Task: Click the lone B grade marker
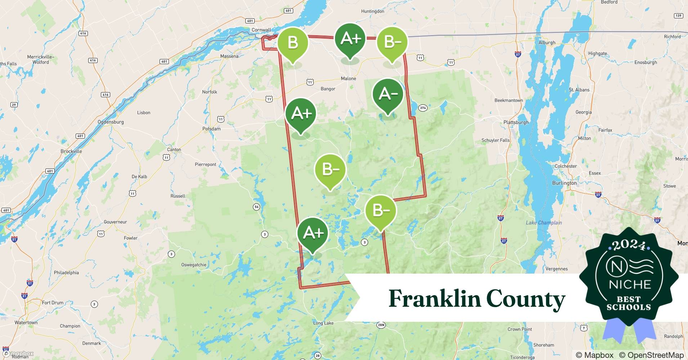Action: click(x=292, y=43)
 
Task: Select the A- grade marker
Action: click(x=388, y=94)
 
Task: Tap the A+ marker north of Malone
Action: click(x=350, y=39)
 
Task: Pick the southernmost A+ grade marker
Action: click(x=313, y=233)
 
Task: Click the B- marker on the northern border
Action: click(x=392, y=42)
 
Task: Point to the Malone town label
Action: click(x=348, y=78)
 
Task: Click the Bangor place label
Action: click(x=328, y=89)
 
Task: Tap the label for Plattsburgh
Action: click(x=516, y=122)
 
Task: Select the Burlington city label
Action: click(x=564, y=183)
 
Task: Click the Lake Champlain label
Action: click(x=544, y=222)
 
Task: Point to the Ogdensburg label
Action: click(x=111, y=122)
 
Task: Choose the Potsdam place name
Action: click(x=211, y=129)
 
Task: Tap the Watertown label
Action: click(x=26, y=322)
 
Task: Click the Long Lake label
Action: click(x=323, y=323)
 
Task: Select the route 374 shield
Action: click(x=423, y=108)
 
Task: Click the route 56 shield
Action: click(x=256, y=207)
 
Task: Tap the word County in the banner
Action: click(x=526, y=298)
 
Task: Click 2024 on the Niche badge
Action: click(x=629, y=245)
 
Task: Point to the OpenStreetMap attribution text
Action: click(x=651, y=355)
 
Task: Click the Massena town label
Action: click(x=229, y=56)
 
